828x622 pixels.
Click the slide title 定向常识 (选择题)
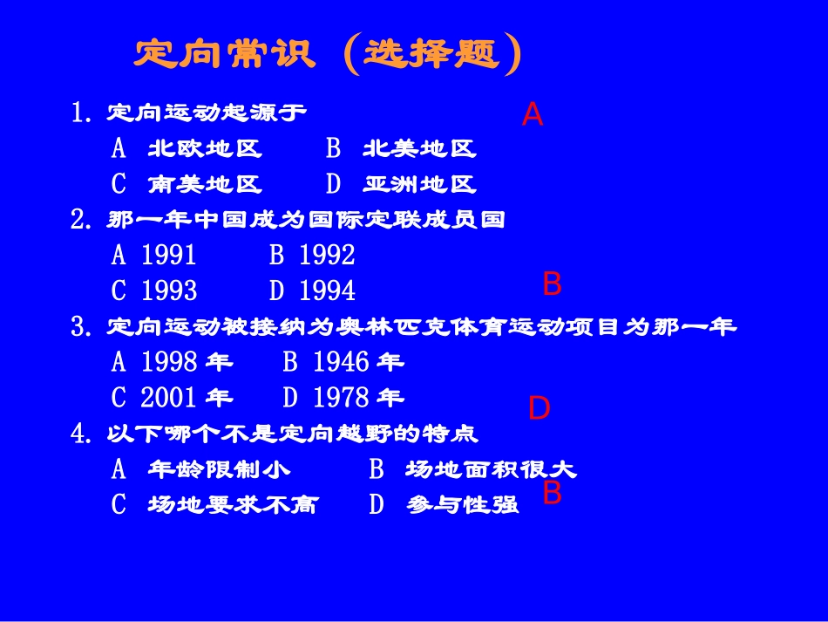(x=328, y=54)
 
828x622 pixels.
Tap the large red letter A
(x=533, y=114)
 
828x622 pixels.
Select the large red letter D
(x=540, y=408)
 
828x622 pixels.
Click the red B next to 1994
(x=552, y=284)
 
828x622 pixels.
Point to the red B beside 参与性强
(x=552, y=493)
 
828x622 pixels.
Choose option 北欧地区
(x=205, y=149)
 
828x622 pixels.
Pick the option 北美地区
(x=419, y=149)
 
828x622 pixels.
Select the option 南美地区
(x=205, y=185)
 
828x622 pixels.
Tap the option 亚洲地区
(x=419, y=185)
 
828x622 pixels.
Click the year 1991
(x=168, y=255)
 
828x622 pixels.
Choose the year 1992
(x=327, y=255)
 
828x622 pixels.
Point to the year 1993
(x=168, y=290)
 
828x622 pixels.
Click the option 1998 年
(x=187, y=361)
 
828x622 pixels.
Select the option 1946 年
(x=358, y=361)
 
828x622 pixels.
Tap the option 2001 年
(x=187, y=398)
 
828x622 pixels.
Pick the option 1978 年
(x=358, y=398)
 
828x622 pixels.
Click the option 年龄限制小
(x=219, y=469)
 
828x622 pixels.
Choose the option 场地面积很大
(x=491, y=469)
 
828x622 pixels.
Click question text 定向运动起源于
(x=207, y=113)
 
